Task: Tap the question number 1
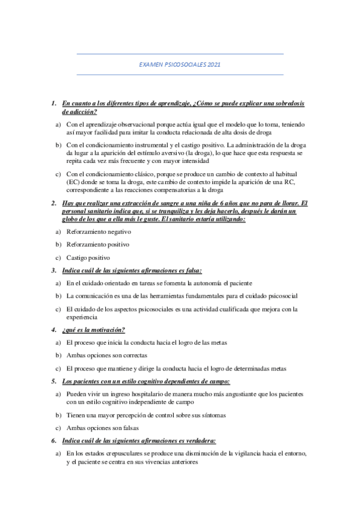point(53,103)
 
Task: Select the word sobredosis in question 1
point(291,103)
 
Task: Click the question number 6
point(53,440)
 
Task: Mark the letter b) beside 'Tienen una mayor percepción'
point(58,415)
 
